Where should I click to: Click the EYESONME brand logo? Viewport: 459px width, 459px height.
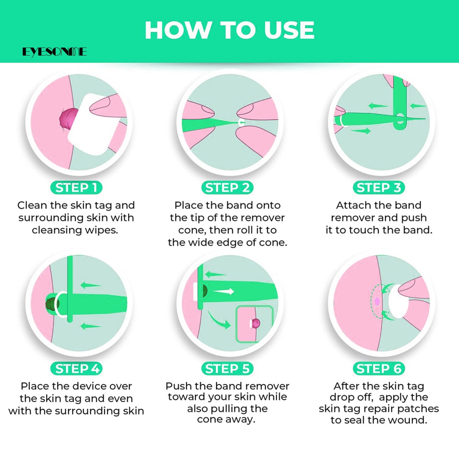54,52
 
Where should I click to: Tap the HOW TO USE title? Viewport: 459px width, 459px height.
229,30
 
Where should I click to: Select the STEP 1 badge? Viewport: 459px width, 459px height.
76,188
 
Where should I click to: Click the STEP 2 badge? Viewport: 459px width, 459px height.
227,188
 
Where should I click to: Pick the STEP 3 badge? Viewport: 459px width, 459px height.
379,188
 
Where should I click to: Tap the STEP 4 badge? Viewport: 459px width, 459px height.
76,368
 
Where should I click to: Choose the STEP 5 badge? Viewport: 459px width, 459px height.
227,368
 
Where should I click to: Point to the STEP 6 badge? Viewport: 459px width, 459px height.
379,368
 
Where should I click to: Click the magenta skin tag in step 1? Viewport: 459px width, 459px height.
68,119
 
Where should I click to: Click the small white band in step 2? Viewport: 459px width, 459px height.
241,122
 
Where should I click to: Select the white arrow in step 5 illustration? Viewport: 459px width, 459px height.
224,291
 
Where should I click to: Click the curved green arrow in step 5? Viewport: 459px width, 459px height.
219,320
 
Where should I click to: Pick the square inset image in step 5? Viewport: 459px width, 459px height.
255,324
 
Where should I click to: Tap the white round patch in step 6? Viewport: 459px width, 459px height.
398,302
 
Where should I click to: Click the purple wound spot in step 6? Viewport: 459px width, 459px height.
377,301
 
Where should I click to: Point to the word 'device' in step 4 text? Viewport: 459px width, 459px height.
88,386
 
